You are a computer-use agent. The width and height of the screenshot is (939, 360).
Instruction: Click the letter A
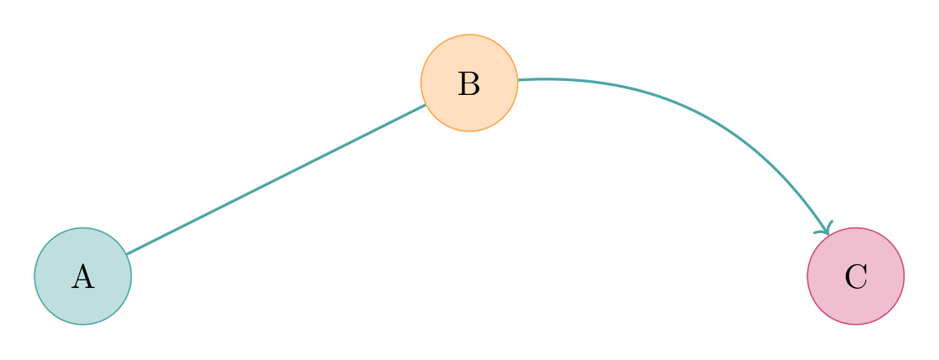coord(83,277)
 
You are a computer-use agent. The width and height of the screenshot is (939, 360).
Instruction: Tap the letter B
coord(469,83)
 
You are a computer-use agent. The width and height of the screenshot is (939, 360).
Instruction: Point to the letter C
coord(856,277)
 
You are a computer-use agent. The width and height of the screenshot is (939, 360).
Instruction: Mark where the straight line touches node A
coord(126,254)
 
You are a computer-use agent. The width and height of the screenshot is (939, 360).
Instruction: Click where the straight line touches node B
coord(425,105)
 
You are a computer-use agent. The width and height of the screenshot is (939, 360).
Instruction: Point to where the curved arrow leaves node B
coord(518,80)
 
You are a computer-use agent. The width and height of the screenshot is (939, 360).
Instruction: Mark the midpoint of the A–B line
coord(276,180)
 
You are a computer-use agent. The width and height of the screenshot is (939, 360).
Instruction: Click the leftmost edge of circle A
coord(34,277)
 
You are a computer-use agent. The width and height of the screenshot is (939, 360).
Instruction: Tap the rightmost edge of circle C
coord(904,277)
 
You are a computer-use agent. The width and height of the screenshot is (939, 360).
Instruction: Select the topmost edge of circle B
coord(469,34)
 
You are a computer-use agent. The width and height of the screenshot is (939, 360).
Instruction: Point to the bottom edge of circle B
coord(469,131)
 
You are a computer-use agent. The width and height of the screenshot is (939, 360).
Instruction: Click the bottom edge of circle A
coord(83,324)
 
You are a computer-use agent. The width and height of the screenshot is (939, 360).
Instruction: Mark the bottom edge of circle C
coord(856,324)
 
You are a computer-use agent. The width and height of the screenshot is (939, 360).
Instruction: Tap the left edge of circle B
coord(420,83)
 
